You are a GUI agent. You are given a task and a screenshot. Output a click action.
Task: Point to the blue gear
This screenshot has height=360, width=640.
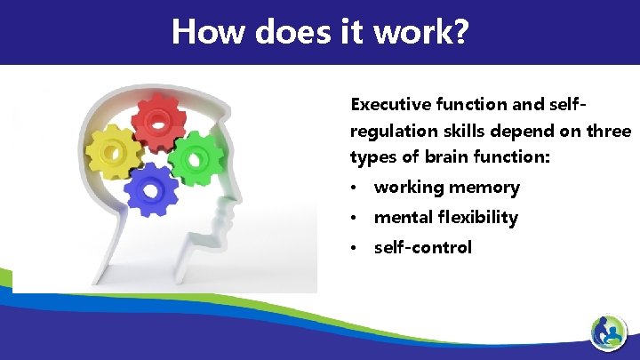pyautogui.click(x=148, y=189)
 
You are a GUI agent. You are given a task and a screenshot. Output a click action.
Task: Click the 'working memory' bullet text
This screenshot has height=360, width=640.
pyautogui.click(x=446, y=188)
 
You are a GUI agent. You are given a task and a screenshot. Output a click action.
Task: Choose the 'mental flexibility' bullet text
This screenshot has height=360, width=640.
pyautogui.click(x=445, y=218)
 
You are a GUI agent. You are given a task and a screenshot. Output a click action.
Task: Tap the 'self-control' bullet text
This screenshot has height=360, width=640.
pyautogui.click(x=422, y=247)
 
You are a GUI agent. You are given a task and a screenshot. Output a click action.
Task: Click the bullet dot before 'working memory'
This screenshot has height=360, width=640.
pyautogui.click(x=355, y=188)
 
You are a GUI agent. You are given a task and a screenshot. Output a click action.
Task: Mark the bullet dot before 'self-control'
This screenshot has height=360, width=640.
pyautogui.click(x=355, y=248)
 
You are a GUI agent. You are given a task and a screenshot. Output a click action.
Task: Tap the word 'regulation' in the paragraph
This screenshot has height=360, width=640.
pyautogui.click(x=390, y=131)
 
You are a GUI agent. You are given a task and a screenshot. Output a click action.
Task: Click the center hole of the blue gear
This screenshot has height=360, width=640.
pyautogui.click(x=148, y=190)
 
